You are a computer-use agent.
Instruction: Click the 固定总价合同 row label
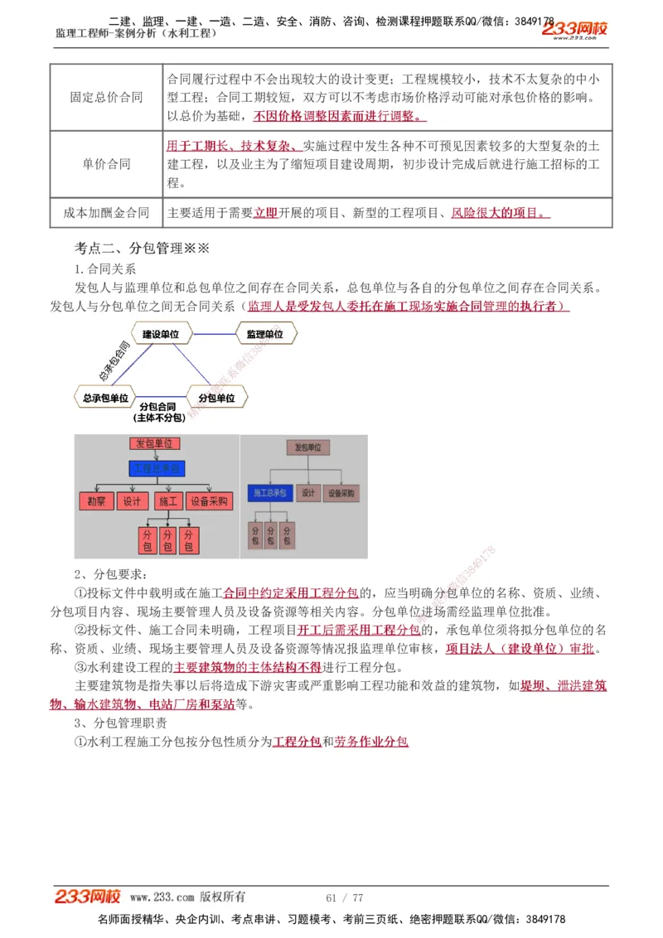click(x=106, y=97)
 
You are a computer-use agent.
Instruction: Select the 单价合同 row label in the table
click(x=106, y=163)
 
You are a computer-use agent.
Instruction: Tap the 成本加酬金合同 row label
click(x=106, y=213)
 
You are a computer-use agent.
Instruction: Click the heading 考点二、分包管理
click(x=142, y=248)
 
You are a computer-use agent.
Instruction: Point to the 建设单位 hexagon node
click(x=160, y=334)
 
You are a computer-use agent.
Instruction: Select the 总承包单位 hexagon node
click(x=106, y=398)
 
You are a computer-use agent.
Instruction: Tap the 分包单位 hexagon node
click(x=217, y=398)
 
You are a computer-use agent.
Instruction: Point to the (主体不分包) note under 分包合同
click(x=158, y=418)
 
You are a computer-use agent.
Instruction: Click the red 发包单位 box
click(x=155, y=444)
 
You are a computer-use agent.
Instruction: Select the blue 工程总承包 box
click(x=157, y=469)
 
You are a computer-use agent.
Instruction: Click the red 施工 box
click(x=168, y=501)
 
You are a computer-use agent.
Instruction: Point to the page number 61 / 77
click(x=345, y=897)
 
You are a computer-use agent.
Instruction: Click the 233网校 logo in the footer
click(x=88, y=897)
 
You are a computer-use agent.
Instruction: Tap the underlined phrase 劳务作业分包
click(x=371, y=742)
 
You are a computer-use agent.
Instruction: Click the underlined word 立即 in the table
click(x=265, y=213)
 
